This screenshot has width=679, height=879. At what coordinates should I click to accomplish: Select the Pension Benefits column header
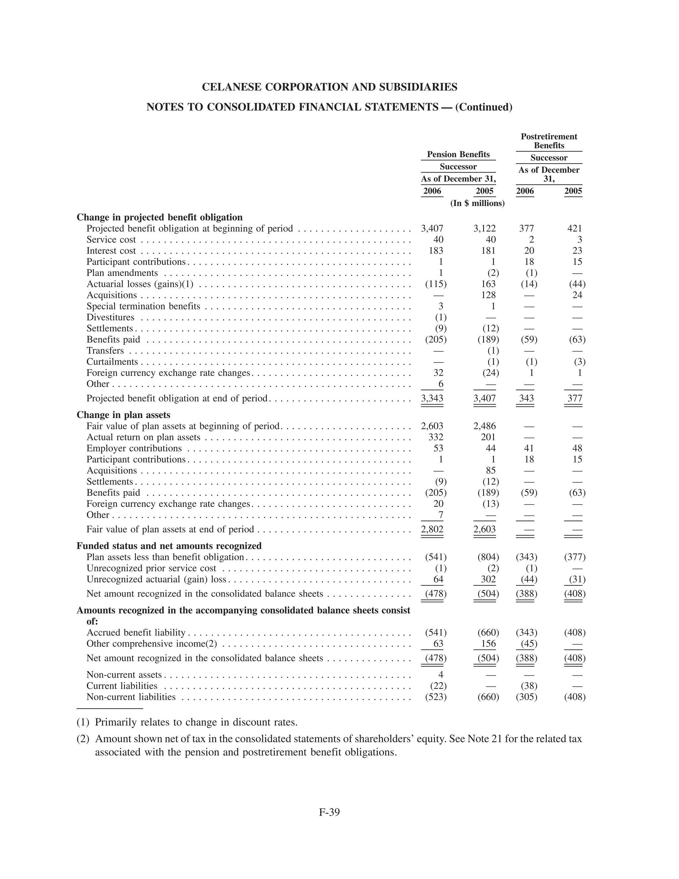(458, 155)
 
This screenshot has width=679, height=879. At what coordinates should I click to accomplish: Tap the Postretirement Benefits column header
(549, 141)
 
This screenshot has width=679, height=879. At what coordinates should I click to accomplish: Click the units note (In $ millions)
(477, 203)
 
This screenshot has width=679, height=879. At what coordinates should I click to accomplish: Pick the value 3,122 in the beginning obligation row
(484, 229)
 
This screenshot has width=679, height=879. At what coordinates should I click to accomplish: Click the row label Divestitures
(111, 317)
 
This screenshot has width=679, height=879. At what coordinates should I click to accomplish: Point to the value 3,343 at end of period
(432, 398)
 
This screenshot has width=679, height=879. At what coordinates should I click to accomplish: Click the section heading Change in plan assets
(123, 415)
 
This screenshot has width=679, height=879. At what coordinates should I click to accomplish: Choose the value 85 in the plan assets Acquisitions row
(490, 470)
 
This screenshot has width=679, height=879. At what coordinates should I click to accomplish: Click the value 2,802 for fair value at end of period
(432, 529)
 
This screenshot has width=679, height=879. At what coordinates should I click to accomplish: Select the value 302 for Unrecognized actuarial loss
(488, 579)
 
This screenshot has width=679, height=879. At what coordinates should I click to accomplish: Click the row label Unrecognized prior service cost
(151, 568)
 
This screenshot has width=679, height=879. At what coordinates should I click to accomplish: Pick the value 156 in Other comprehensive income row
(488, 643)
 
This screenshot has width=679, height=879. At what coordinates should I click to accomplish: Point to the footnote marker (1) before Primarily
(83, 722)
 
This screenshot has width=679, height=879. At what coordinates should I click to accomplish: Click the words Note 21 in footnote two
(484, 739)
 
